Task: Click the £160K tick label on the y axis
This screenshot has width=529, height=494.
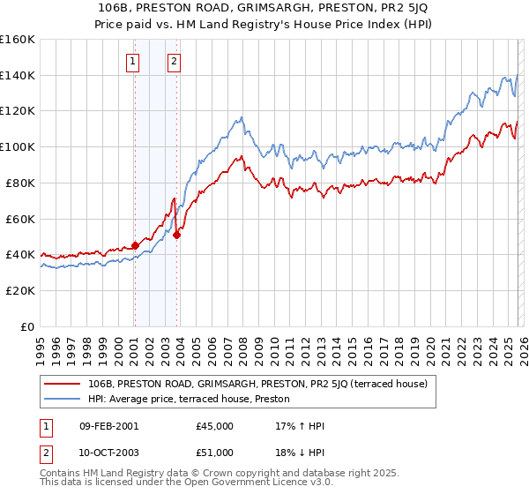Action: [18, 40]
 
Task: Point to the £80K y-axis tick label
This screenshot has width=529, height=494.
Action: [18, 183]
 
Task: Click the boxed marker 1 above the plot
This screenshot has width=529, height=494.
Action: [133, 62]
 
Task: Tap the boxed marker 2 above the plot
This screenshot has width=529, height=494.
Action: [175, 62]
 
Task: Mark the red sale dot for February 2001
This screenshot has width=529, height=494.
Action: [135, 245]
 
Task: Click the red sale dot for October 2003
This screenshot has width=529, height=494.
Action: [177, 235]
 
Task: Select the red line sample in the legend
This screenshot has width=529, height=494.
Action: [62, 384]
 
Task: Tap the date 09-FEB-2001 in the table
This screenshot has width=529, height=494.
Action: [108, 426]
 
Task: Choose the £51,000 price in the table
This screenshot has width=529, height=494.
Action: [215, 455]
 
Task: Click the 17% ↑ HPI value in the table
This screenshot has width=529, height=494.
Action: [301, 426]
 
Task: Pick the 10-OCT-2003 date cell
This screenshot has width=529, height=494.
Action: [108, 455]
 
